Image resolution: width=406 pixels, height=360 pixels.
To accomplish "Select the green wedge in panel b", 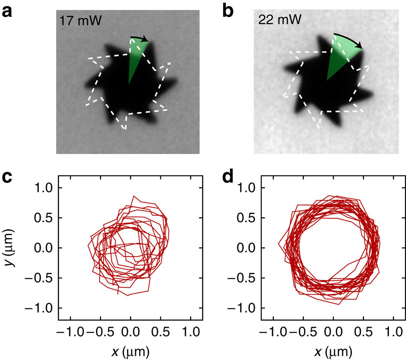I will click(341, 56).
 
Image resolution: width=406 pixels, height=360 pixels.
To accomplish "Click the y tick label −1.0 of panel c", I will click(40, 308).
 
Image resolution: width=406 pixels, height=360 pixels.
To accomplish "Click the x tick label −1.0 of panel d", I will click(270, 332).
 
